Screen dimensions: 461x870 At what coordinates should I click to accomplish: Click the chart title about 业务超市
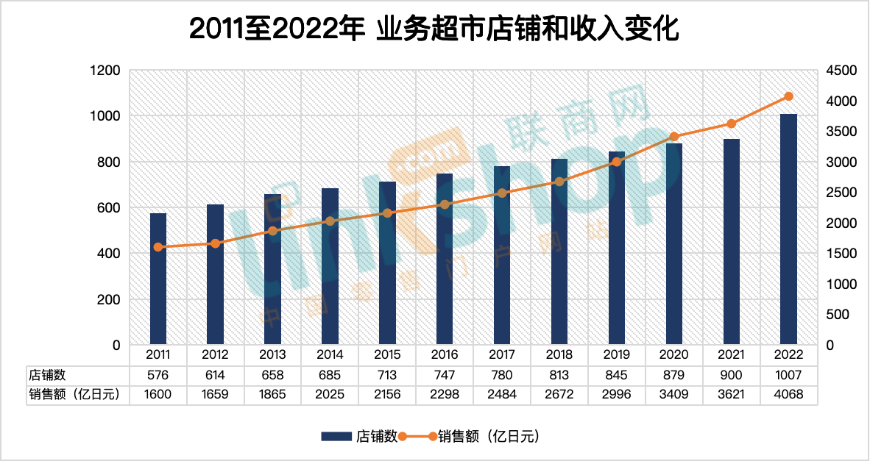[434, 30]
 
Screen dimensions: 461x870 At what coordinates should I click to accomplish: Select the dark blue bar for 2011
[158, 279]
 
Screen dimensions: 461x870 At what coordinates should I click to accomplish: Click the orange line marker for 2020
[673, 137]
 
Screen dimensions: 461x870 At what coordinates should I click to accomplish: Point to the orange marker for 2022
[788, 96]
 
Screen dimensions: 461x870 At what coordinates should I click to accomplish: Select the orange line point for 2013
[272, 231]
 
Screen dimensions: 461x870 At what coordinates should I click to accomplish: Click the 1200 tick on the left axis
[105, 71]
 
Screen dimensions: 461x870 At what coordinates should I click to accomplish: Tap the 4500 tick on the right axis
[841, 71]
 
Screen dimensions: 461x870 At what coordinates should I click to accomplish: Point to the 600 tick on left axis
[107, 208]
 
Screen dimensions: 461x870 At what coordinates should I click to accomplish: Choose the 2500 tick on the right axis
[841, 193]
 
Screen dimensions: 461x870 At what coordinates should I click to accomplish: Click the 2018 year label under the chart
[559, 354]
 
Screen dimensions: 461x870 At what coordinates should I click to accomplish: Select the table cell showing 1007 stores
[788, 374]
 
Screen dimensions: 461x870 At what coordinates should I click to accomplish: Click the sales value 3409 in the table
[673, 394]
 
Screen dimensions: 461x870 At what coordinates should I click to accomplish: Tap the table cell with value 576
[158, 374]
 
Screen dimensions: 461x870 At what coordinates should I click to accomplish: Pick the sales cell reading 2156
[387, 394]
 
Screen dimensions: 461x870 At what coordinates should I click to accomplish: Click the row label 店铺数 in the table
[47, 374]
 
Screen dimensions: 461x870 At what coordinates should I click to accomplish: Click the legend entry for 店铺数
[361, 436]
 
